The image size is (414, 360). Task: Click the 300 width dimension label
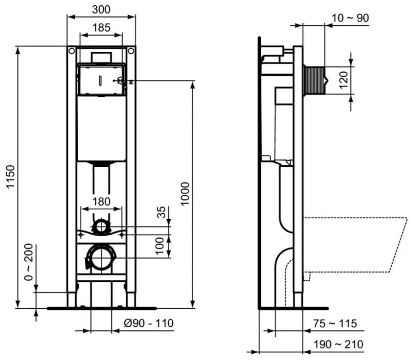point(101,9)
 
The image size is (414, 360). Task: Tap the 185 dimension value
point(101,27)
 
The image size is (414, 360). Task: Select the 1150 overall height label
point(11,177)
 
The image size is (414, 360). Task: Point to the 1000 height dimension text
point(185,194)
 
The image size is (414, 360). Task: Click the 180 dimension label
point(101,201)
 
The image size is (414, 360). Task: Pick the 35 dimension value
point(161,212)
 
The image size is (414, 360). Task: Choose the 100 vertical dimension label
point(160,246)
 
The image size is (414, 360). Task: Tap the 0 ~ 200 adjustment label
point(28,262)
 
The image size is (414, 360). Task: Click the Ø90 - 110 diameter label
point(149,323)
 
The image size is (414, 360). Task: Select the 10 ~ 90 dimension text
point(350,18)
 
